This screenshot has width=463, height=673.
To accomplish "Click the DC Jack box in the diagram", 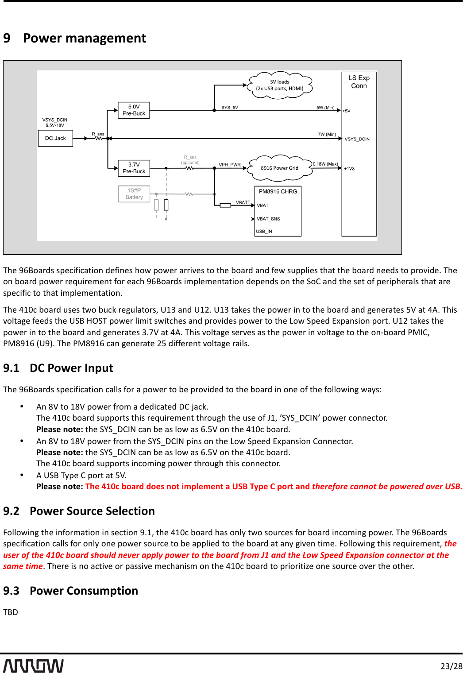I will pyautogui.click(x=55, y=139).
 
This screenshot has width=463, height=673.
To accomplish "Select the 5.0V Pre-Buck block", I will pyautogui.click(x=134, y=110).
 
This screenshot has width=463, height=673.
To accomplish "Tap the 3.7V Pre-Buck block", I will pyautogui.click(x=134, y=168).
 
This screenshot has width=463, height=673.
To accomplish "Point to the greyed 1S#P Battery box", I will pyautogui.click(x=134, y=194).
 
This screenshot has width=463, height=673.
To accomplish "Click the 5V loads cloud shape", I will pyautogui.click(x=280, y=85).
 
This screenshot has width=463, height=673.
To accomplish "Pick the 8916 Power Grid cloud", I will pyautogui.click(x=279, y=168).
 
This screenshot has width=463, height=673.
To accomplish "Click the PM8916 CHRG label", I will pyautogui.click(x=278, y=192).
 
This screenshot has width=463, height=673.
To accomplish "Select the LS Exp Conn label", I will pyautogui.click(x=359, y=82).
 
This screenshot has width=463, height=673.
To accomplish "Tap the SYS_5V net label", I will pyautogui.click(x=230, y=108).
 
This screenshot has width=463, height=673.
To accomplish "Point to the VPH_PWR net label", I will pyautogui.click(x=230, y=165).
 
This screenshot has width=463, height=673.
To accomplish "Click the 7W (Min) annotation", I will pyautogui.click(x=327, y=134).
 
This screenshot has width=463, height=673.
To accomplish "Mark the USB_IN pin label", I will pyautogui.click(x=264, y=232).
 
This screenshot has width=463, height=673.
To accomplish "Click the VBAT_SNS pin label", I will pyautogui.click(x=268, y=219).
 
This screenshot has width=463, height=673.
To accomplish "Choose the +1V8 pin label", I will pyautogui.click(x=349, y=169).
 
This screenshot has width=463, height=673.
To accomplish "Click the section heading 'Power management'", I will pyautogui.click(x=84, y=39).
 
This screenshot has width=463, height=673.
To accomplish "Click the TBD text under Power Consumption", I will pyautogui.click(x=11, y=612).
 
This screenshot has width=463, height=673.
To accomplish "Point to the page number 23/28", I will pyautogui.click(x=451, y=666).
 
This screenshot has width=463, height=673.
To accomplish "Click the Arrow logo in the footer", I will pyautogui.click(x=34, y=665).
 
